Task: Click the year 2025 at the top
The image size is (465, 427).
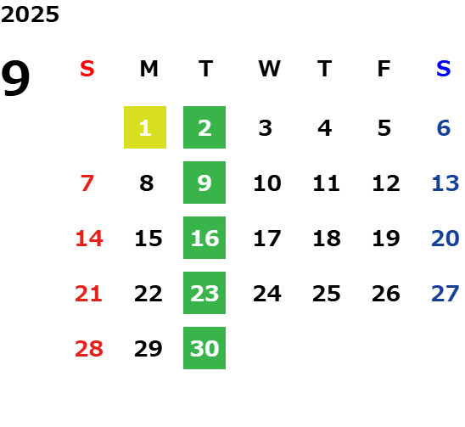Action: (30, 14)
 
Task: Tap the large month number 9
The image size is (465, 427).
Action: (15, 78)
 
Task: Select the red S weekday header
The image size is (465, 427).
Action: (87, 69)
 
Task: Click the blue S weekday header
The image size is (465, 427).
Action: (444, 69)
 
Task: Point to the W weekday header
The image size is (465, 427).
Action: (269, 69)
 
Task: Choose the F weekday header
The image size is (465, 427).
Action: (384, 69)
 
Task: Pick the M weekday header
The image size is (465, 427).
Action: (148, 69)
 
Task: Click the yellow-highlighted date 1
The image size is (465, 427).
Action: (145, 127)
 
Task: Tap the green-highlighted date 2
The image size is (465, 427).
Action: (204, 127)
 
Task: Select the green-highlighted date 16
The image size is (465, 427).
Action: (204, 238)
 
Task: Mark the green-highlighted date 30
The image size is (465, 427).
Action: (204, 348)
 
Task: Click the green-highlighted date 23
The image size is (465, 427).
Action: (204, 293)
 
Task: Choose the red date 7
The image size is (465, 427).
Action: (87, 183)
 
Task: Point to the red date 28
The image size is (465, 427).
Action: (89, 348)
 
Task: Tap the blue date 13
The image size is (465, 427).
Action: (445, 183)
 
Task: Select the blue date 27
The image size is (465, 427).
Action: (445, 294)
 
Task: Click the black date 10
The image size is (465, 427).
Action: (267, 183)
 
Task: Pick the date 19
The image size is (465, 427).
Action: (386, 238)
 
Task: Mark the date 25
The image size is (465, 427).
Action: (327, 294)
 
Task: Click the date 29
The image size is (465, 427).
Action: (148, 348)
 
